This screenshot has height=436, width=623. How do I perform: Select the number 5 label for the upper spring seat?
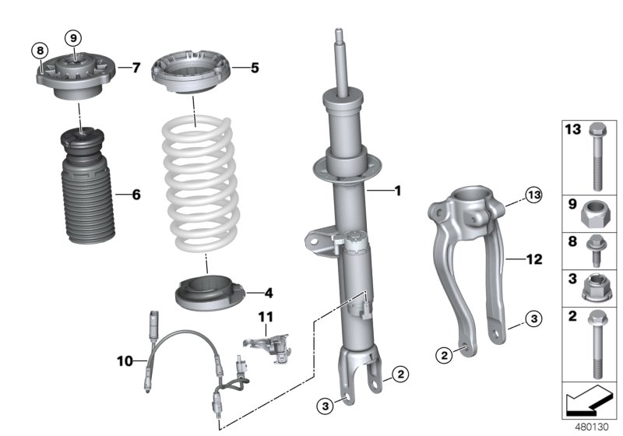coord(255,69)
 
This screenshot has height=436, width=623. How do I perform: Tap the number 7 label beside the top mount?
coord(136,69)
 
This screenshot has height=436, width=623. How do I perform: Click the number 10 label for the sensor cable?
coord(125,360)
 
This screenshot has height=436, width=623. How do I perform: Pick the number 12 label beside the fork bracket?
coord(535,258)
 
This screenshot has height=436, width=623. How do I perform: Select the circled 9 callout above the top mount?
coord(72,38)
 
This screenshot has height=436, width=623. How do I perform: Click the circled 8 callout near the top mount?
coord(39,51)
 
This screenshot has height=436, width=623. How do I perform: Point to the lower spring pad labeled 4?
coord(208,294)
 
